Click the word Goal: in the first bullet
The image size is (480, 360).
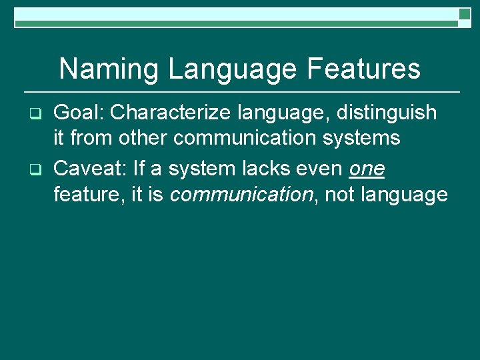click(x=79, y=113)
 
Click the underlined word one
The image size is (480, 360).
click(x=367, y=169)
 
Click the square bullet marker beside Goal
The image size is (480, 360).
click(x=37, y=113)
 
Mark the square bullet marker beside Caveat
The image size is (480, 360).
click(x=37, y=170)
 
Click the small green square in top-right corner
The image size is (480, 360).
click(x=465, y=13)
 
